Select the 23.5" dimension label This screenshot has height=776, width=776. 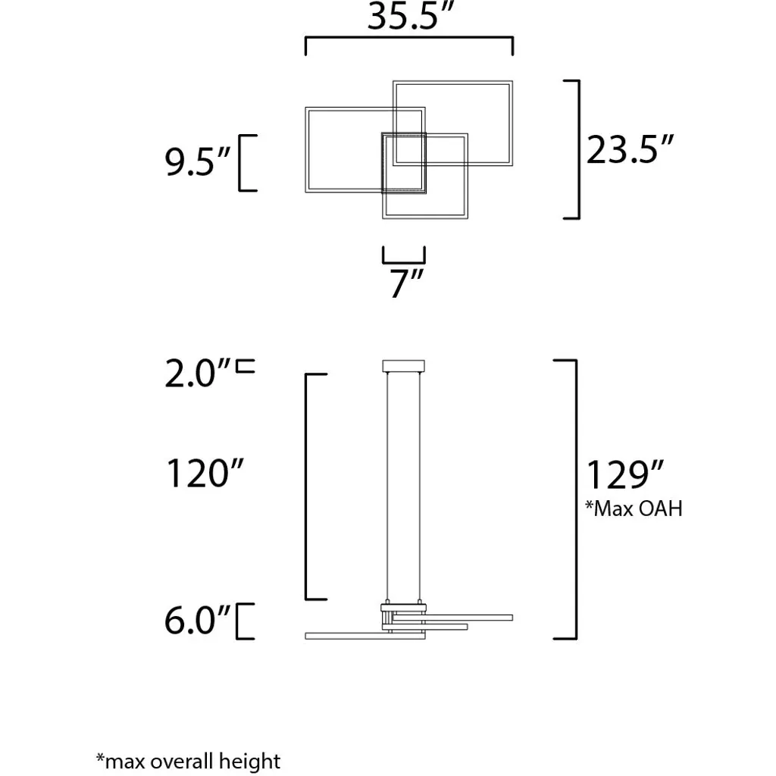coord(630,149)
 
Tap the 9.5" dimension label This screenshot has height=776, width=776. coord(198,161)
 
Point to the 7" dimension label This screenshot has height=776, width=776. coord(406,283)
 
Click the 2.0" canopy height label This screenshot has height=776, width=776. coord(198,373)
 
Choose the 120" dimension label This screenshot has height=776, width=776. coord(205,473)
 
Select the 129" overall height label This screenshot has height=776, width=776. coord(624,474)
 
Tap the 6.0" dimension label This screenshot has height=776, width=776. coord(198,620)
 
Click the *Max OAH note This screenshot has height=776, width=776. coord(634,508)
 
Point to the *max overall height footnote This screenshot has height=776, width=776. coord(188,761)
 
